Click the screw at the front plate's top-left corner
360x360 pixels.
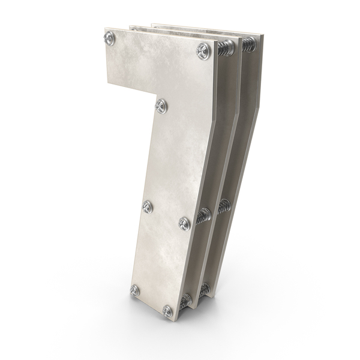[x=109, y=38]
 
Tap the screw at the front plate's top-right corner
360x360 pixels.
[x=203, y=51]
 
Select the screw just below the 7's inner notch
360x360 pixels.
[x=161, y=106]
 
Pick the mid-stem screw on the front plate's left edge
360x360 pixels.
[x=147, y=206]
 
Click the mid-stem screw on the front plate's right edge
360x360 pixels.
[x=185, y=224]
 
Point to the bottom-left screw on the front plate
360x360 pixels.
[x=135, y=290]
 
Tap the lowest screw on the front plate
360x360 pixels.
[x=167, y=311]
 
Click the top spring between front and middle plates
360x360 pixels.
[x=226, y=47]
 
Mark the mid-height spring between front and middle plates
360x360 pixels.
[x=204, y=216]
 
